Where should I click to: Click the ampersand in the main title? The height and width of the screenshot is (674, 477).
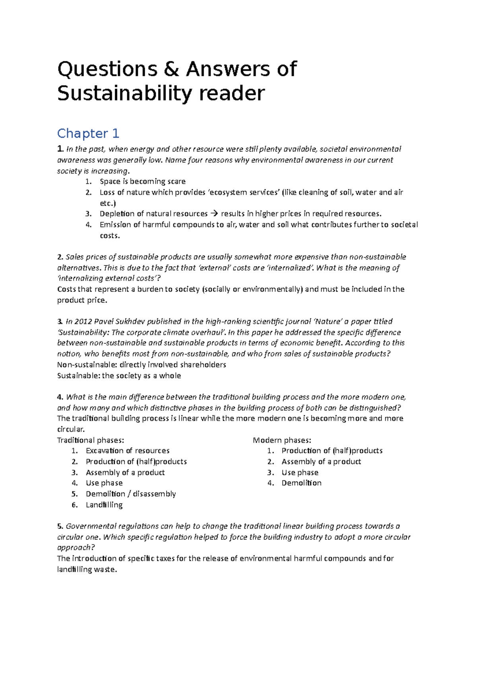click(171, 69)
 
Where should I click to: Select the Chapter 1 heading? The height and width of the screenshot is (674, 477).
click(88, 133)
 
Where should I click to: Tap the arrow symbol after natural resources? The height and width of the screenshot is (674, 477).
click(214, 214)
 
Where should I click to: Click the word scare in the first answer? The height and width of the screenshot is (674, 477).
click(176, 181)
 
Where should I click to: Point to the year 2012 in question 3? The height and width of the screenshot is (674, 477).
click(83, 322)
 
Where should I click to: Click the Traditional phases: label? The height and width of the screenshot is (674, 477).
click(91, 440)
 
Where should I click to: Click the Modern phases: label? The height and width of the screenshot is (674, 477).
click(282, 440)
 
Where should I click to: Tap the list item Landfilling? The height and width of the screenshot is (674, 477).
click(104, 505)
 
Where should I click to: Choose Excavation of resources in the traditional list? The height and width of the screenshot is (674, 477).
click(128, 451)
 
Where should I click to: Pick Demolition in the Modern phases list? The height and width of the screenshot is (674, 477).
click(301, 483)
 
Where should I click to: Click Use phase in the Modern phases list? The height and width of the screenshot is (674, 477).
click(300, 473)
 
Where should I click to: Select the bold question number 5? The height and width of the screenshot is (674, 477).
click(60, 526)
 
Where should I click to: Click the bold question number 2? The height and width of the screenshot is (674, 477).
click(60, 257)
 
